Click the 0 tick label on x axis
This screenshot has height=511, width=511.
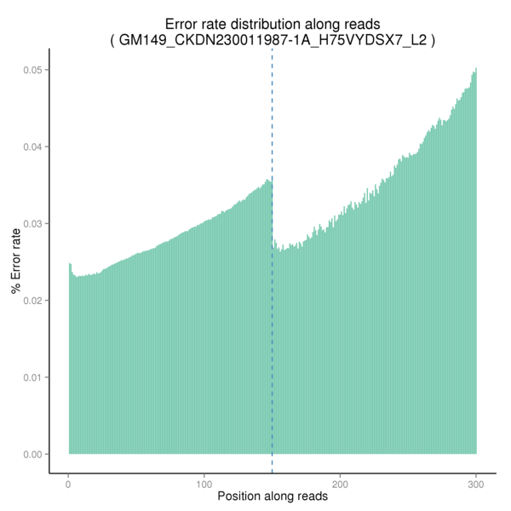coord(69,483)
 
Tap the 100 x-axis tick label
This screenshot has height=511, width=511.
coord(204,483)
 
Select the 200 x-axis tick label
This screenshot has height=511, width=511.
coord(341,483)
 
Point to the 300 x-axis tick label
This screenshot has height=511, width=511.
coord(476,483)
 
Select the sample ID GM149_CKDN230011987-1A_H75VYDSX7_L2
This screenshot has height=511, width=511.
coord(273,41)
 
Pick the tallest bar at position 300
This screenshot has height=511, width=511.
coord(476,255)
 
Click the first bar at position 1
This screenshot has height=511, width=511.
coord(70,358)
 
